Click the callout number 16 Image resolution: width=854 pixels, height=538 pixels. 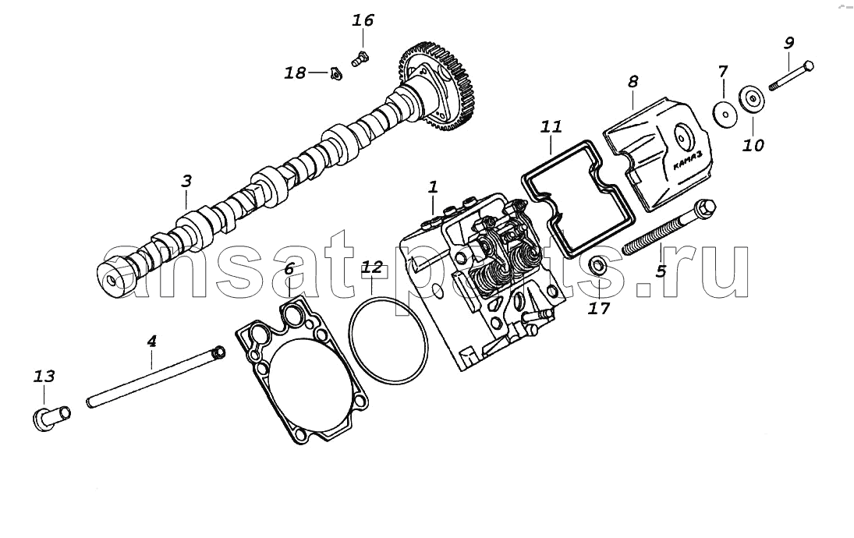pos(363,21)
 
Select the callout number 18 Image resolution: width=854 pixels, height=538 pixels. pos(296,73)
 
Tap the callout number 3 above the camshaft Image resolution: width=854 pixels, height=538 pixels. pos(186,181)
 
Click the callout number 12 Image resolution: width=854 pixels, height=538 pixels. pos(373,267)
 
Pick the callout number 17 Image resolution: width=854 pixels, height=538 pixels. pos(598,309)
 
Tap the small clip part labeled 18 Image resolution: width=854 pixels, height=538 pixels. pos(335,73)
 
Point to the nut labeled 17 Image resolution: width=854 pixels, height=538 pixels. pos(598,266)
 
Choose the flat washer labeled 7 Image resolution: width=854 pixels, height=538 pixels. pos(724,111)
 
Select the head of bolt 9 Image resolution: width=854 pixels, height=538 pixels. pos(809,66)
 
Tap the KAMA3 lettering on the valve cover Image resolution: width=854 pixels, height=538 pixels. pos(687,160)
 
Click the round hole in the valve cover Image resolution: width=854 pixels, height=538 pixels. pos(682,137)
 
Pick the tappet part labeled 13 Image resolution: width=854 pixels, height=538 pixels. pos(51,418)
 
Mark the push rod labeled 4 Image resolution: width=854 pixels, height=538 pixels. pos(155,377)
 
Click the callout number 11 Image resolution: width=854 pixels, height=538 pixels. pos(551,127)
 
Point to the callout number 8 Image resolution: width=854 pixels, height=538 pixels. pos(633,82)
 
